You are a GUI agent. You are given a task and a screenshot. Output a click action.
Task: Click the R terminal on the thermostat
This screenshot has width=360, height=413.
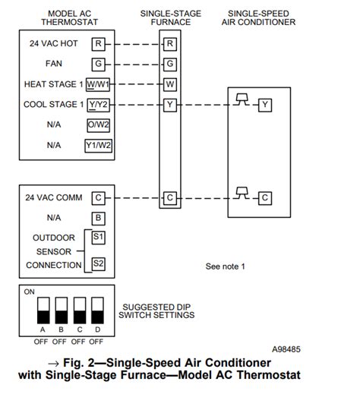pos(99,44)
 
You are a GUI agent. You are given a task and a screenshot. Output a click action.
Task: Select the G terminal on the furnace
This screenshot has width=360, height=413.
pos(170,64)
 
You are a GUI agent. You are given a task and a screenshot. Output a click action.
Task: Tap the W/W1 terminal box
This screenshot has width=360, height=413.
pos(99,84)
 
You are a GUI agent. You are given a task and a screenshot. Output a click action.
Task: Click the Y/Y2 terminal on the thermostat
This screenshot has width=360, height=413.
pos(99,105)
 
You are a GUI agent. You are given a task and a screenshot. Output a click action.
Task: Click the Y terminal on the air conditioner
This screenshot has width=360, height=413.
pos(264,105)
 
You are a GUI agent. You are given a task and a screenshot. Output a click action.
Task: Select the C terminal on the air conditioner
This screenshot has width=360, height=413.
pos(264,198)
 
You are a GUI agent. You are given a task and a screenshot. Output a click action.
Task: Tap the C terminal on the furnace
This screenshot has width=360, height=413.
pos(170,198)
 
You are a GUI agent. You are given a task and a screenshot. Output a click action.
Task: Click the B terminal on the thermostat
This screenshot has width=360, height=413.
pos(99,218)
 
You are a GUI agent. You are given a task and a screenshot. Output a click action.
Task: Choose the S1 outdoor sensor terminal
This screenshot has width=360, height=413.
pos(99,238)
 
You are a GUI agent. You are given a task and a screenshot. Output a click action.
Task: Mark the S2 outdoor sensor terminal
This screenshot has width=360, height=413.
pos(99,264)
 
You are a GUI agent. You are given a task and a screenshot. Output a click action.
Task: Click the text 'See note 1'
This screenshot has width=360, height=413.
pos(226,267)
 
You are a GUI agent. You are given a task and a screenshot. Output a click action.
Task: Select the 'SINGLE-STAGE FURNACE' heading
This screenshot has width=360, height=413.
pos(170,18)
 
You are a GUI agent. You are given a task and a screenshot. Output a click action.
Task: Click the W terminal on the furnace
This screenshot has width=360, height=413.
pos(170,84)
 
